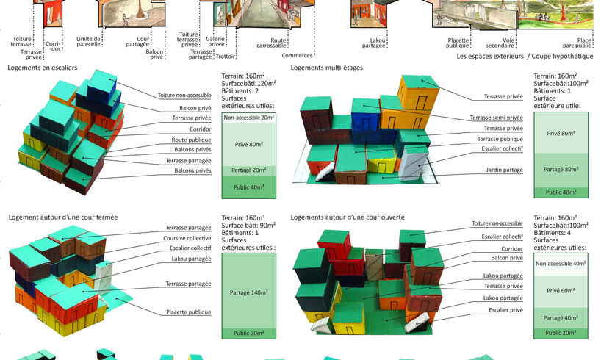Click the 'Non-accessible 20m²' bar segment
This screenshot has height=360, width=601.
click(x=249, y=118)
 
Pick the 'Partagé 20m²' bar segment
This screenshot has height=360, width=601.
click(x=249, y=170)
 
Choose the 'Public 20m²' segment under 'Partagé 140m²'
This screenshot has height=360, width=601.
click(x=249, y=333)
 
